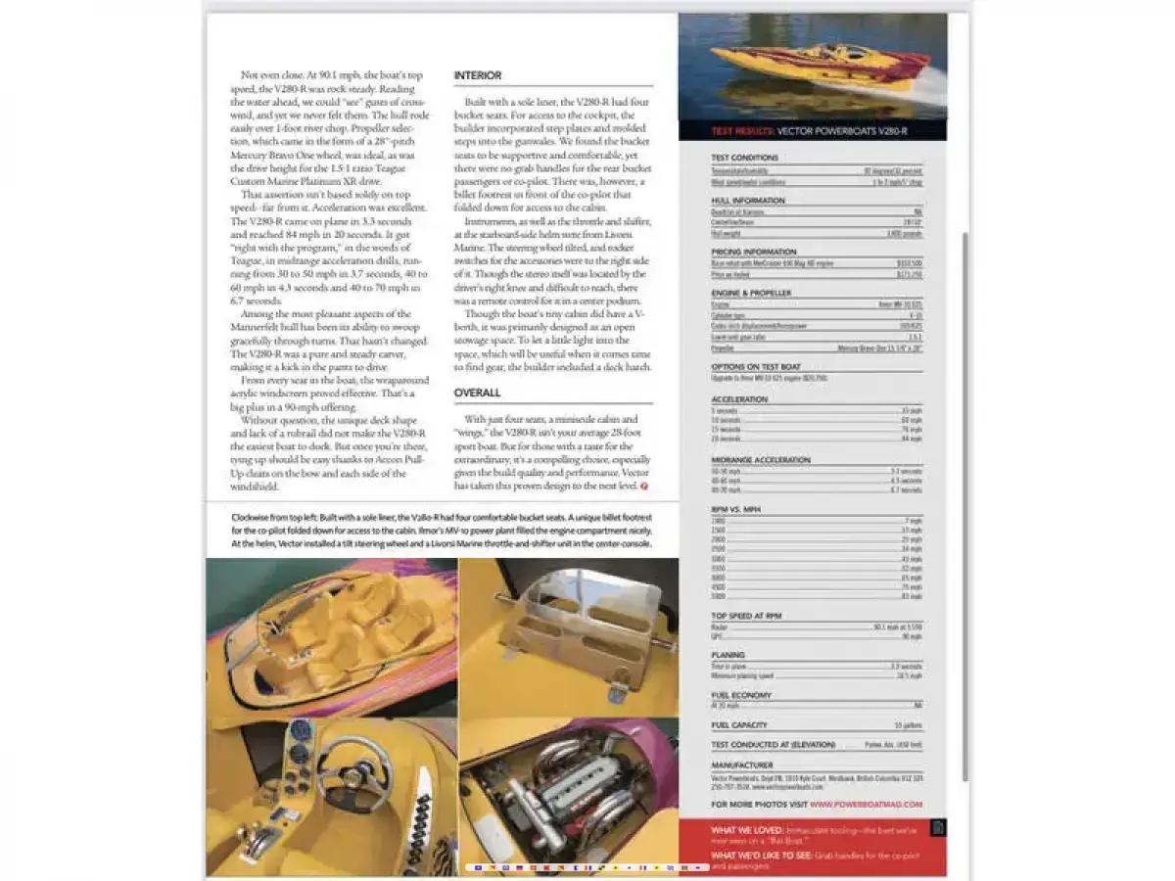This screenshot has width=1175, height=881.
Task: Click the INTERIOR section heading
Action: tap(478, 75)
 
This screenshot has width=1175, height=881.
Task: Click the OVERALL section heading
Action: tap(477, 393)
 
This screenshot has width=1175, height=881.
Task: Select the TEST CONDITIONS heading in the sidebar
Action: tap(745, 158)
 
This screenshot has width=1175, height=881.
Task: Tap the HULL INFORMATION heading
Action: tap(748, 201)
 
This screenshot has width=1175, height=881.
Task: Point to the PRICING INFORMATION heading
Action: tap(753, 252)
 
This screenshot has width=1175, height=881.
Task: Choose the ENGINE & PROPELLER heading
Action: tap(751, 293)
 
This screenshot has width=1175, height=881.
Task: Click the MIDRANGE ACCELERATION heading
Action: tap(761, 459)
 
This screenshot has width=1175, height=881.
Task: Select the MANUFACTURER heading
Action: tap(742, 765)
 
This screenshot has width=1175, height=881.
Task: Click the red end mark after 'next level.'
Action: tap(643, 486)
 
